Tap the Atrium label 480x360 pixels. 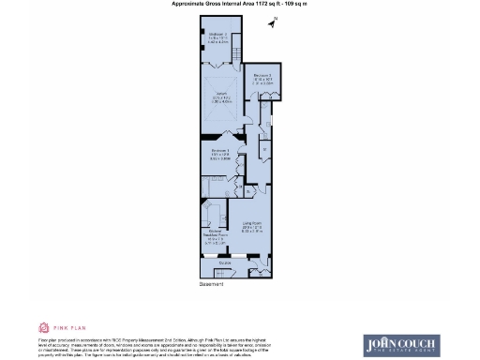click(x=222, y=98)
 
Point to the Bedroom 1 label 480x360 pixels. click(x=220, y=155)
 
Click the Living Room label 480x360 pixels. click(x=251, y=225)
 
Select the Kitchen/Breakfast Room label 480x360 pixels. click(x=213, y=235)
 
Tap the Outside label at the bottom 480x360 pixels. click(x=225, y=263)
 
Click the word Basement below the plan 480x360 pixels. click(x=212, y=282)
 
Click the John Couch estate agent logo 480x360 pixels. click(x=400, y=345)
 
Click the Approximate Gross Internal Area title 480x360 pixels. click(x=240, y=5)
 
